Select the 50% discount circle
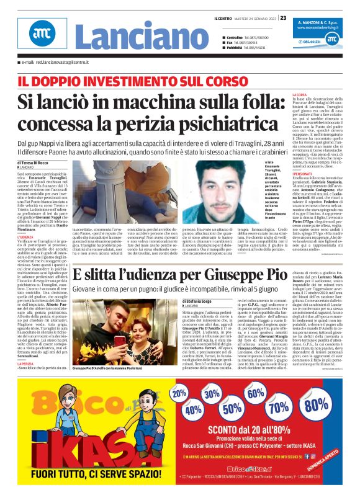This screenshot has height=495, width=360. pos(233,408)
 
